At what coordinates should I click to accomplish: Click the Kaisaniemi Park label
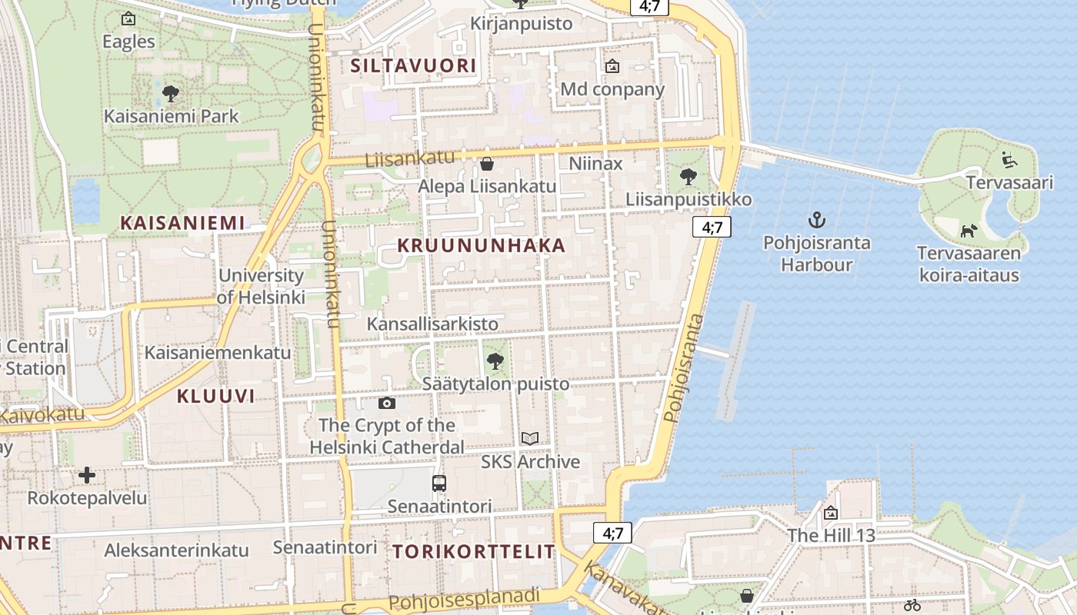(172, 117)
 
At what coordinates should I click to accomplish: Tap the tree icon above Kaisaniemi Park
(171, 95)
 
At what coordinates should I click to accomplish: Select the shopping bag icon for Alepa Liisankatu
(486, 164)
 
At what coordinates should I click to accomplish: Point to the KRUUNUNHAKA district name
(482, 246)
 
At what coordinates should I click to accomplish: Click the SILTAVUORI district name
(413, 65)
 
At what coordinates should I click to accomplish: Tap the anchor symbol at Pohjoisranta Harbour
(816, 221)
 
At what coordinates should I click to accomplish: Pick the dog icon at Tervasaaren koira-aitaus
(969, 231)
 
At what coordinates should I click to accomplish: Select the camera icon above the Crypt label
(387, 403)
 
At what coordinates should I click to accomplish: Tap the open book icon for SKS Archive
(530, 439)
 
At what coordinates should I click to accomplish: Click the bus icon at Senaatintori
(439, 484)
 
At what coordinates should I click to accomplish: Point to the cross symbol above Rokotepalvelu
(87, 475)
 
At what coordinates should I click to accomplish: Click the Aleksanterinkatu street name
(176, 550)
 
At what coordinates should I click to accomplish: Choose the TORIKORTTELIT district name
(474, 551)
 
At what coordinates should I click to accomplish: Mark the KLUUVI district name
(215, 397)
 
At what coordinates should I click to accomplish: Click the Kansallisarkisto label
(432, 324)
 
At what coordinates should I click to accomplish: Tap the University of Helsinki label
(261, 286)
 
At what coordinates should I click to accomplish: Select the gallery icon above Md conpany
(612, 67)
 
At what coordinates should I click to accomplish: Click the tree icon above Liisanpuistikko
(688, 177)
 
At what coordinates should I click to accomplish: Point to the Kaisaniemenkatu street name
(218, 353)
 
